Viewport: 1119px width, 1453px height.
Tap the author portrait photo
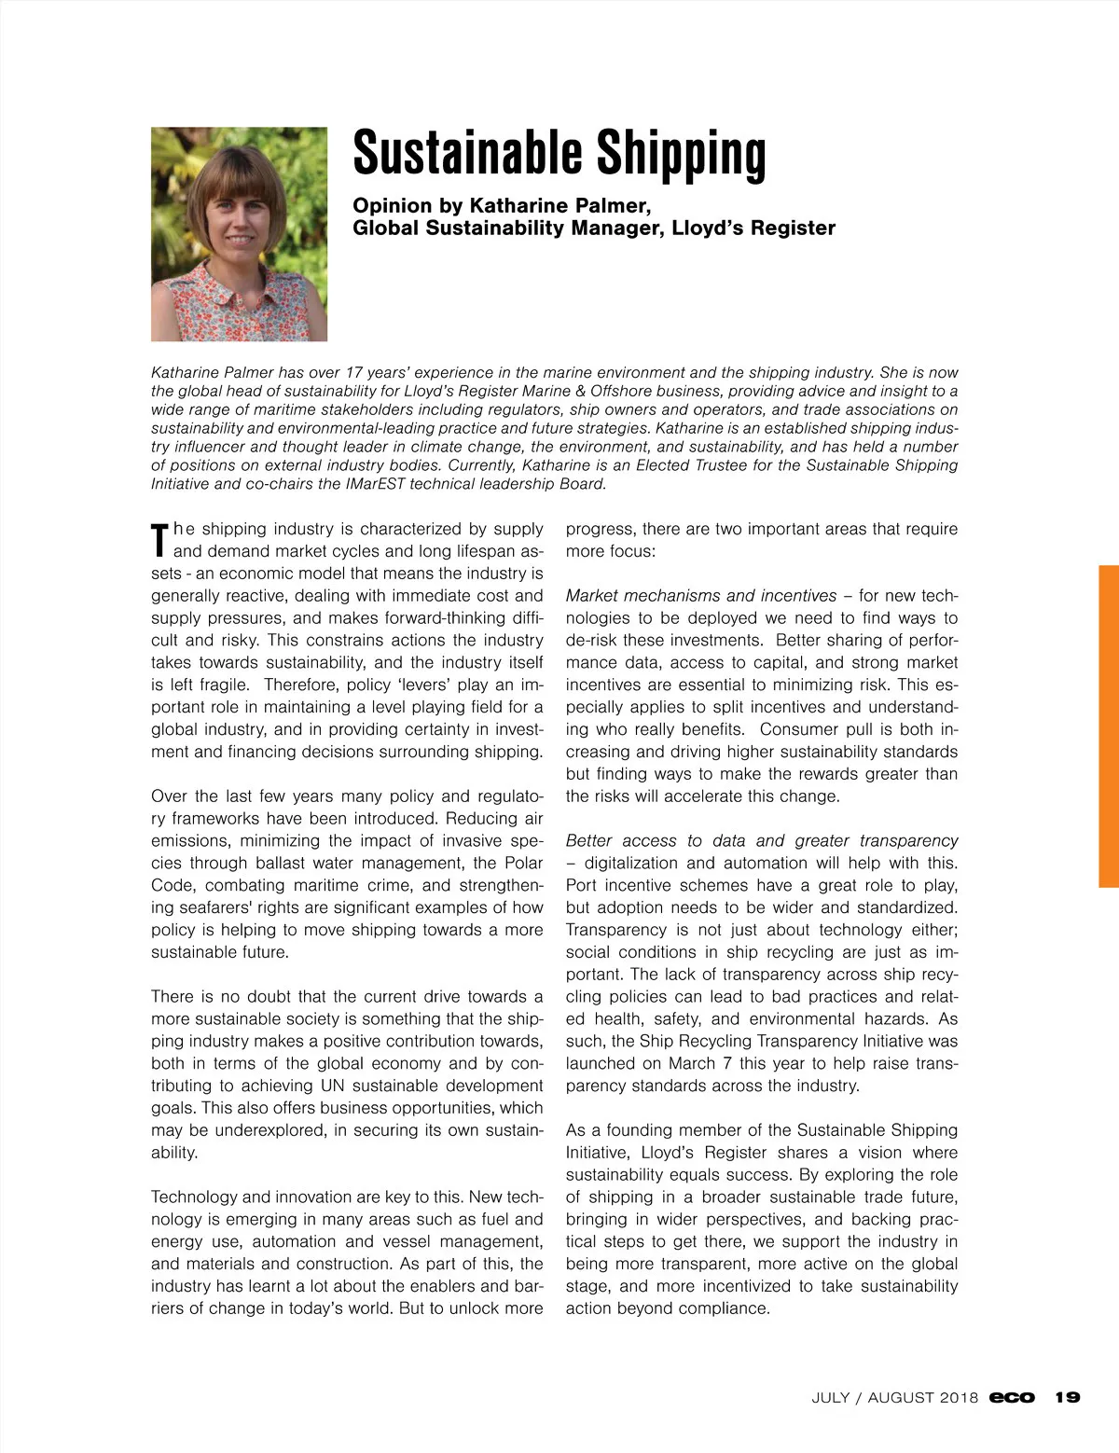(239, 234)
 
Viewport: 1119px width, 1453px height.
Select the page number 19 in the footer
(1068, 1397)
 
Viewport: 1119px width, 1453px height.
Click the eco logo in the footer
(1012, 1397)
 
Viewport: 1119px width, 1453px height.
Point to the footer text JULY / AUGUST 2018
(894, 1397)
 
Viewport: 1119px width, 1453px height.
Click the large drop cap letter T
(160, 541)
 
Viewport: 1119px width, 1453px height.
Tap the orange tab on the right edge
(1108, 726)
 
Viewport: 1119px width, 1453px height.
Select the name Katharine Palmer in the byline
(559, 205)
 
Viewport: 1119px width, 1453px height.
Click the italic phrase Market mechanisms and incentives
(701, 595)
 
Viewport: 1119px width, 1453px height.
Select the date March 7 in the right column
(689, 1063)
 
